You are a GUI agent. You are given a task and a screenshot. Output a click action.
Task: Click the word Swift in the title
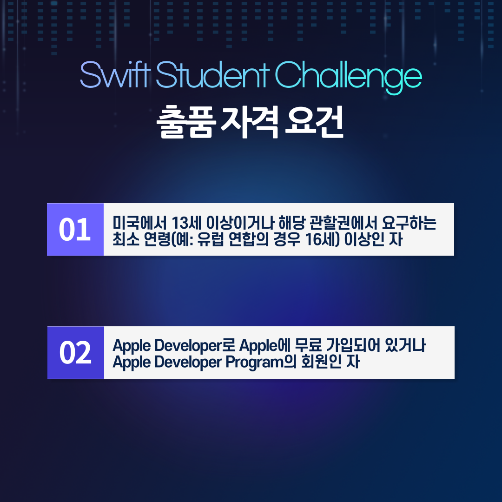click(115, 75)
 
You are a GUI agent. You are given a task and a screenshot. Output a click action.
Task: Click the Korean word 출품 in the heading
click(185, 122)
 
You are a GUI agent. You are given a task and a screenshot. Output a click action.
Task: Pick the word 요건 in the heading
click(314, 122)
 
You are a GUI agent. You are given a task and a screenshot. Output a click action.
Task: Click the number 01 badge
click(75, 229)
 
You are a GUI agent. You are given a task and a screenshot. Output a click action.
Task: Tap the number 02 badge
click(76, 352)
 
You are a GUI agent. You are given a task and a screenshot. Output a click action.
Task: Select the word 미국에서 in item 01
click(139, 222)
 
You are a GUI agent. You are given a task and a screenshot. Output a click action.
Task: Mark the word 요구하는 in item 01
click(409, 222)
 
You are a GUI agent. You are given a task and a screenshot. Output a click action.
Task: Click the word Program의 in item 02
click(261, 363)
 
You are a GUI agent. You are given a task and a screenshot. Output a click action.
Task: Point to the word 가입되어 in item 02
click(353, 345)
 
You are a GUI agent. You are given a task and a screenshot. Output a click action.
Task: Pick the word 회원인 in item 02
click(321, 362)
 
